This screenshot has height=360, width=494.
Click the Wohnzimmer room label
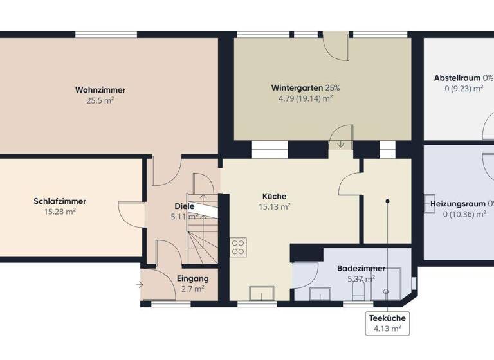coord(100,90)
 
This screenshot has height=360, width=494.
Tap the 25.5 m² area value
coord(100,100)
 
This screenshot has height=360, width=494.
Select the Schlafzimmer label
coord(60,201)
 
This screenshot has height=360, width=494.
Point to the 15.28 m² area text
coord(60,212)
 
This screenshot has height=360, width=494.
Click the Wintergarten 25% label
coord(305,87)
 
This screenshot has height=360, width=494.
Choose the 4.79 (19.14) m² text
coord(305,98)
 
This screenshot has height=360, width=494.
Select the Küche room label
coord(274,196)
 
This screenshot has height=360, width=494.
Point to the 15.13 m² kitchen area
coord(274,206)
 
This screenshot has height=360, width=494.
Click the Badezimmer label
coord(361,269)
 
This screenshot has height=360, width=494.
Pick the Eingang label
coord(192,279)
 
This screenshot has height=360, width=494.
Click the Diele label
coord(184,206)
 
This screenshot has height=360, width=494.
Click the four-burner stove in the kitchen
coord(238,247)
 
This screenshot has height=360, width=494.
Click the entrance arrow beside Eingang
coord(140,283)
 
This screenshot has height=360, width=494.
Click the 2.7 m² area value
coord(192,289)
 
